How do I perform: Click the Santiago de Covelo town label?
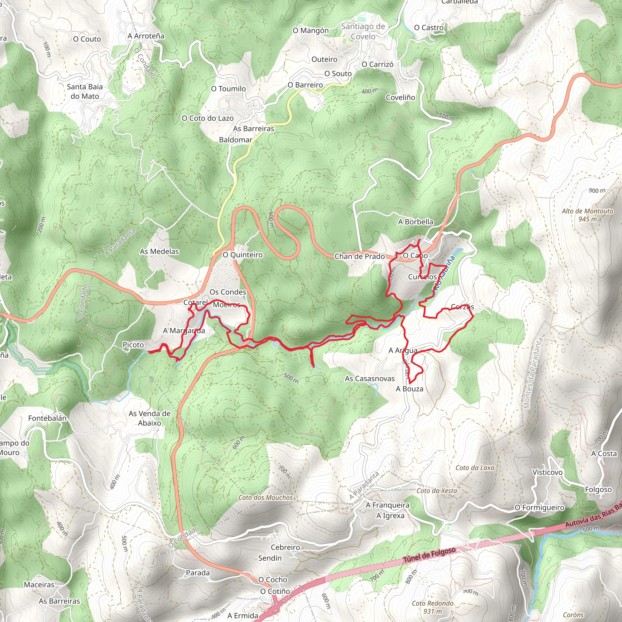click(x=363, y=31)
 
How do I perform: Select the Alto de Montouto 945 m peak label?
click(x=587, y=215)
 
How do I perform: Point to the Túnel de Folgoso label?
click(x=429, y=555)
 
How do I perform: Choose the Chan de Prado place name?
click(x=359, y=256)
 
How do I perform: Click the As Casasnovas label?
click(x=370, y=378)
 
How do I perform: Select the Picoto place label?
click(x=133, y=344)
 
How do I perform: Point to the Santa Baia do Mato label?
click(x=85, y=91)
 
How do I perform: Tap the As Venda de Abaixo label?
click(x=149, y=418)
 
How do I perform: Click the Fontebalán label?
click(x=47, y=418)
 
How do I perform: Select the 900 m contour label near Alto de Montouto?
click(x=597, y=191)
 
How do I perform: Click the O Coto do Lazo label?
click(x=207, y=118)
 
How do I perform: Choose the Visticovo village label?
click(x=547, y=472)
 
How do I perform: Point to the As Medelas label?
click(x=159, y=251)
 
